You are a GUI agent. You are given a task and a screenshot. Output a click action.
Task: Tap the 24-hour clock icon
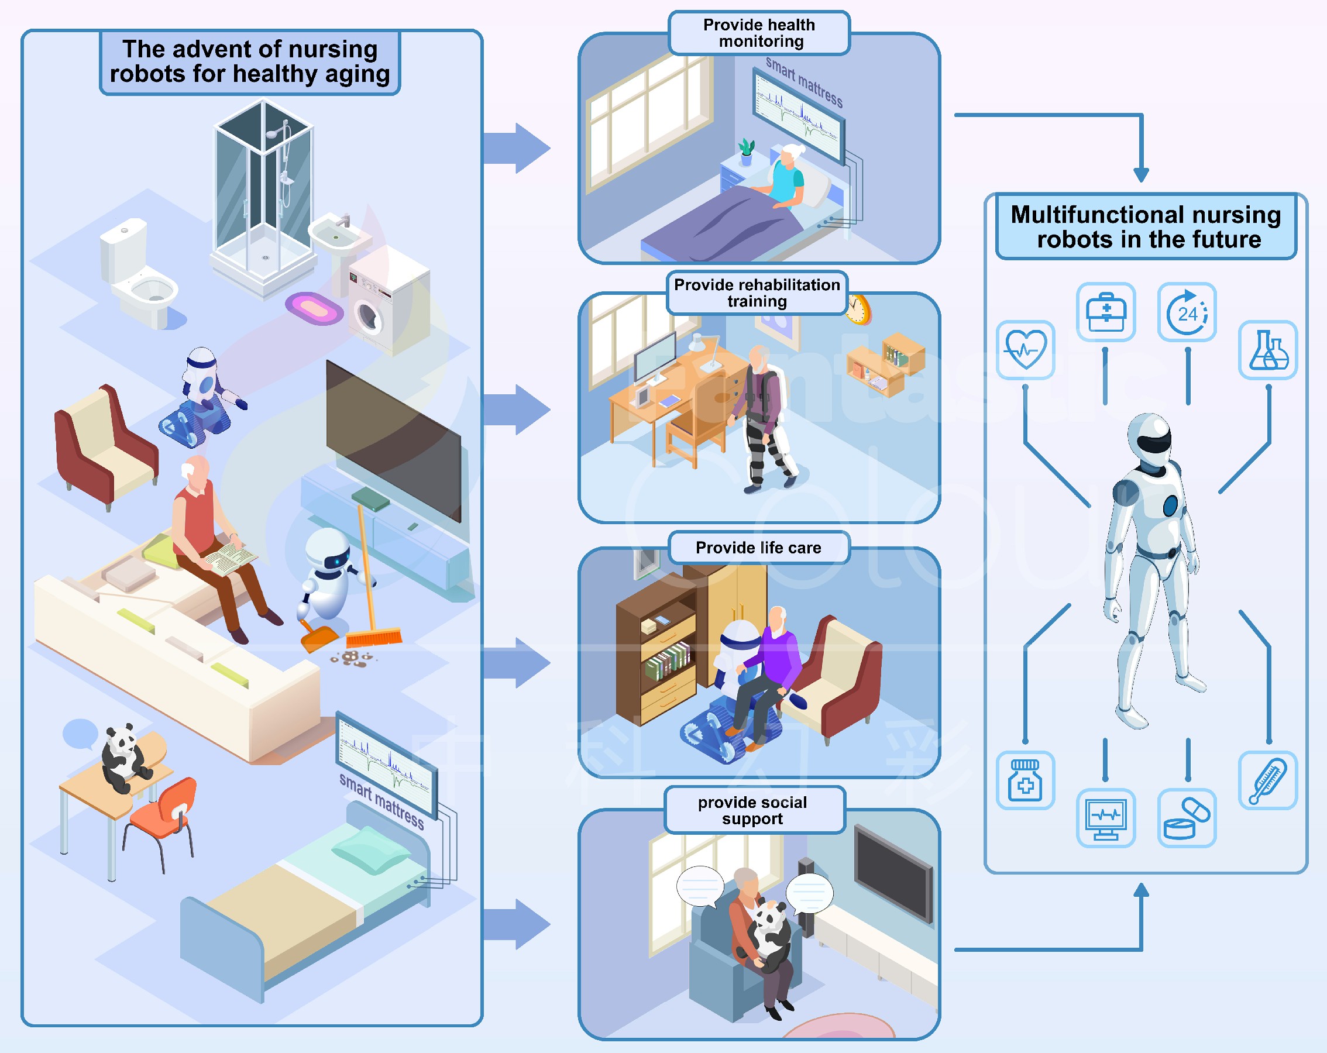point(1187,312)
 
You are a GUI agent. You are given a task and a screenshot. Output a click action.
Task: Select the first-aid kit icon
point(1105,312)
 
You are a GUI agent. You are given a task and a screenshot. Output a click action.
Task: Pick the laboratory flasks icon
point(1268,350)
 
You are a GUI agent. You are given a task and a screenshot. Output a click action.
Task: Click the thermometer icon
point(1268,780)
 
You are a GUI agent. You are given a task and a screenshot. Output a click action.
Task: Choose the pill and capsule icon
point(1187,818)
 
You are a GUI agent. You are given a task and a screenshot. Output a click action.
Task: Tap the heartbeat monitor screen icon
point(1105,818)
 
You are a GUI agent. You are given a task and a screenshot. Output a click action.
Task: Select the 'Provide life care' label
point(758,548)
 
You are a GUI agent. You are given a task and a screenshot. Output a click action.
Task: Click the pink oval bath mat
point(314,308)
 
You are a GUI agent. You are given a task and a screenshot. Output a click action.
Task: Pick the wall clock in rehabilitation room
point(858,309)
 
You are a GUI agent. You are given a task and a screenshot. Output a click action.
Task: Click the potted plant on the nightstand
point(747,152)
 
